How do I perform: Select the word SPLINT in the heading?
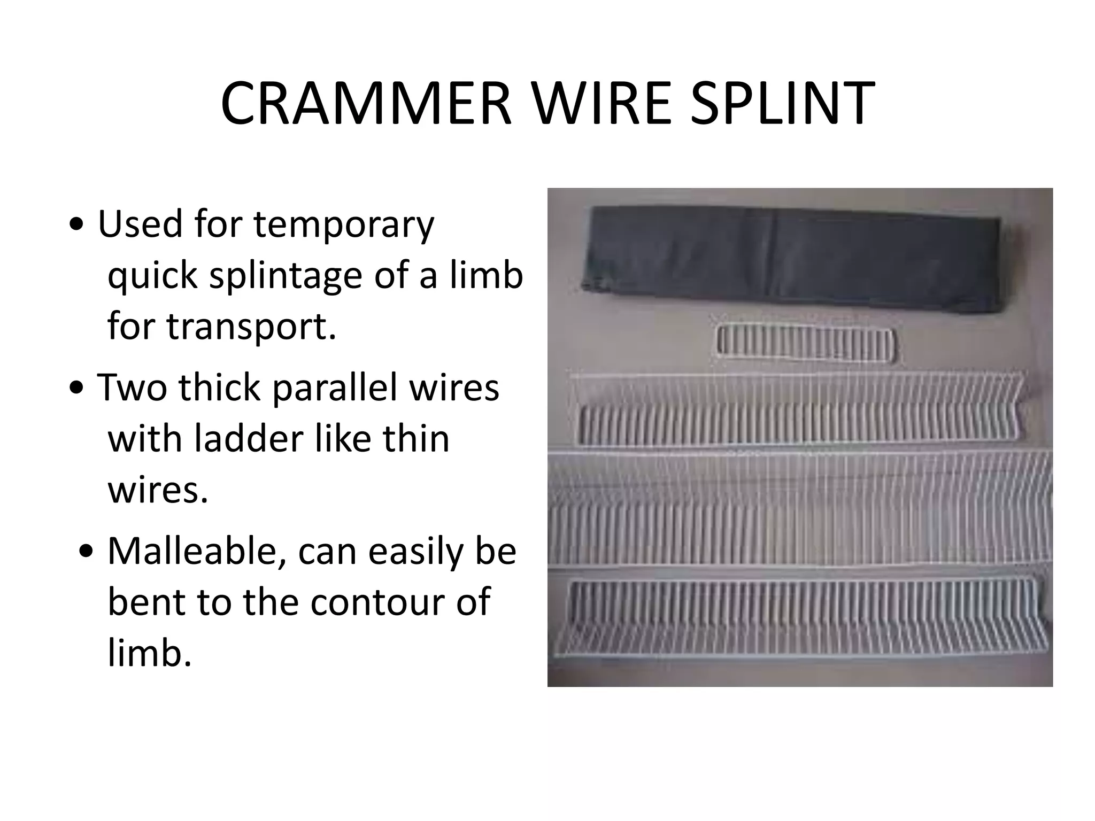pyautogui.click(x=782, y=104)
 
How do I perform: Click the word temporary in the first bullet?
pyautogui.click(x=344, y=226)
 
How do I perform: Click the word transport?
pyautogui.click(x=251, y=327)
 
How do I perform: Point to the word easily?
pyautogui.click(x=415, y=551)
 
